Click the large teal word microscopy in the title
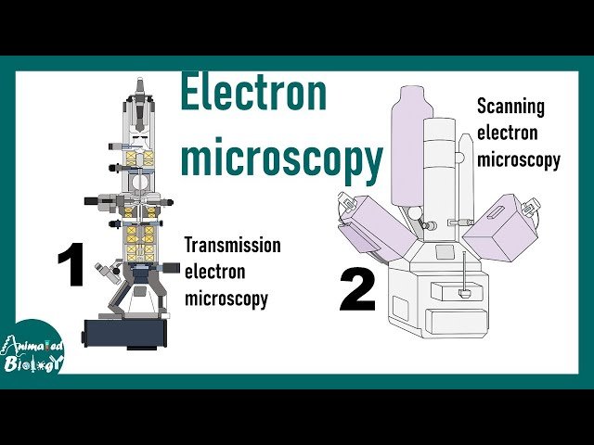(281, 159)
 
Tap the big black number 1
(71, 267)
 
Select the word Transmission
(232, 246)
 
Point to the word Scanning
(510, 106)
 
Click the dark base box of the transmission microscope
(125, 332)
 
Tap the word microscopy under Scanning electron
(518, 159)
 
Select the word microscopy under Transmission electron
(226, 299)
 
